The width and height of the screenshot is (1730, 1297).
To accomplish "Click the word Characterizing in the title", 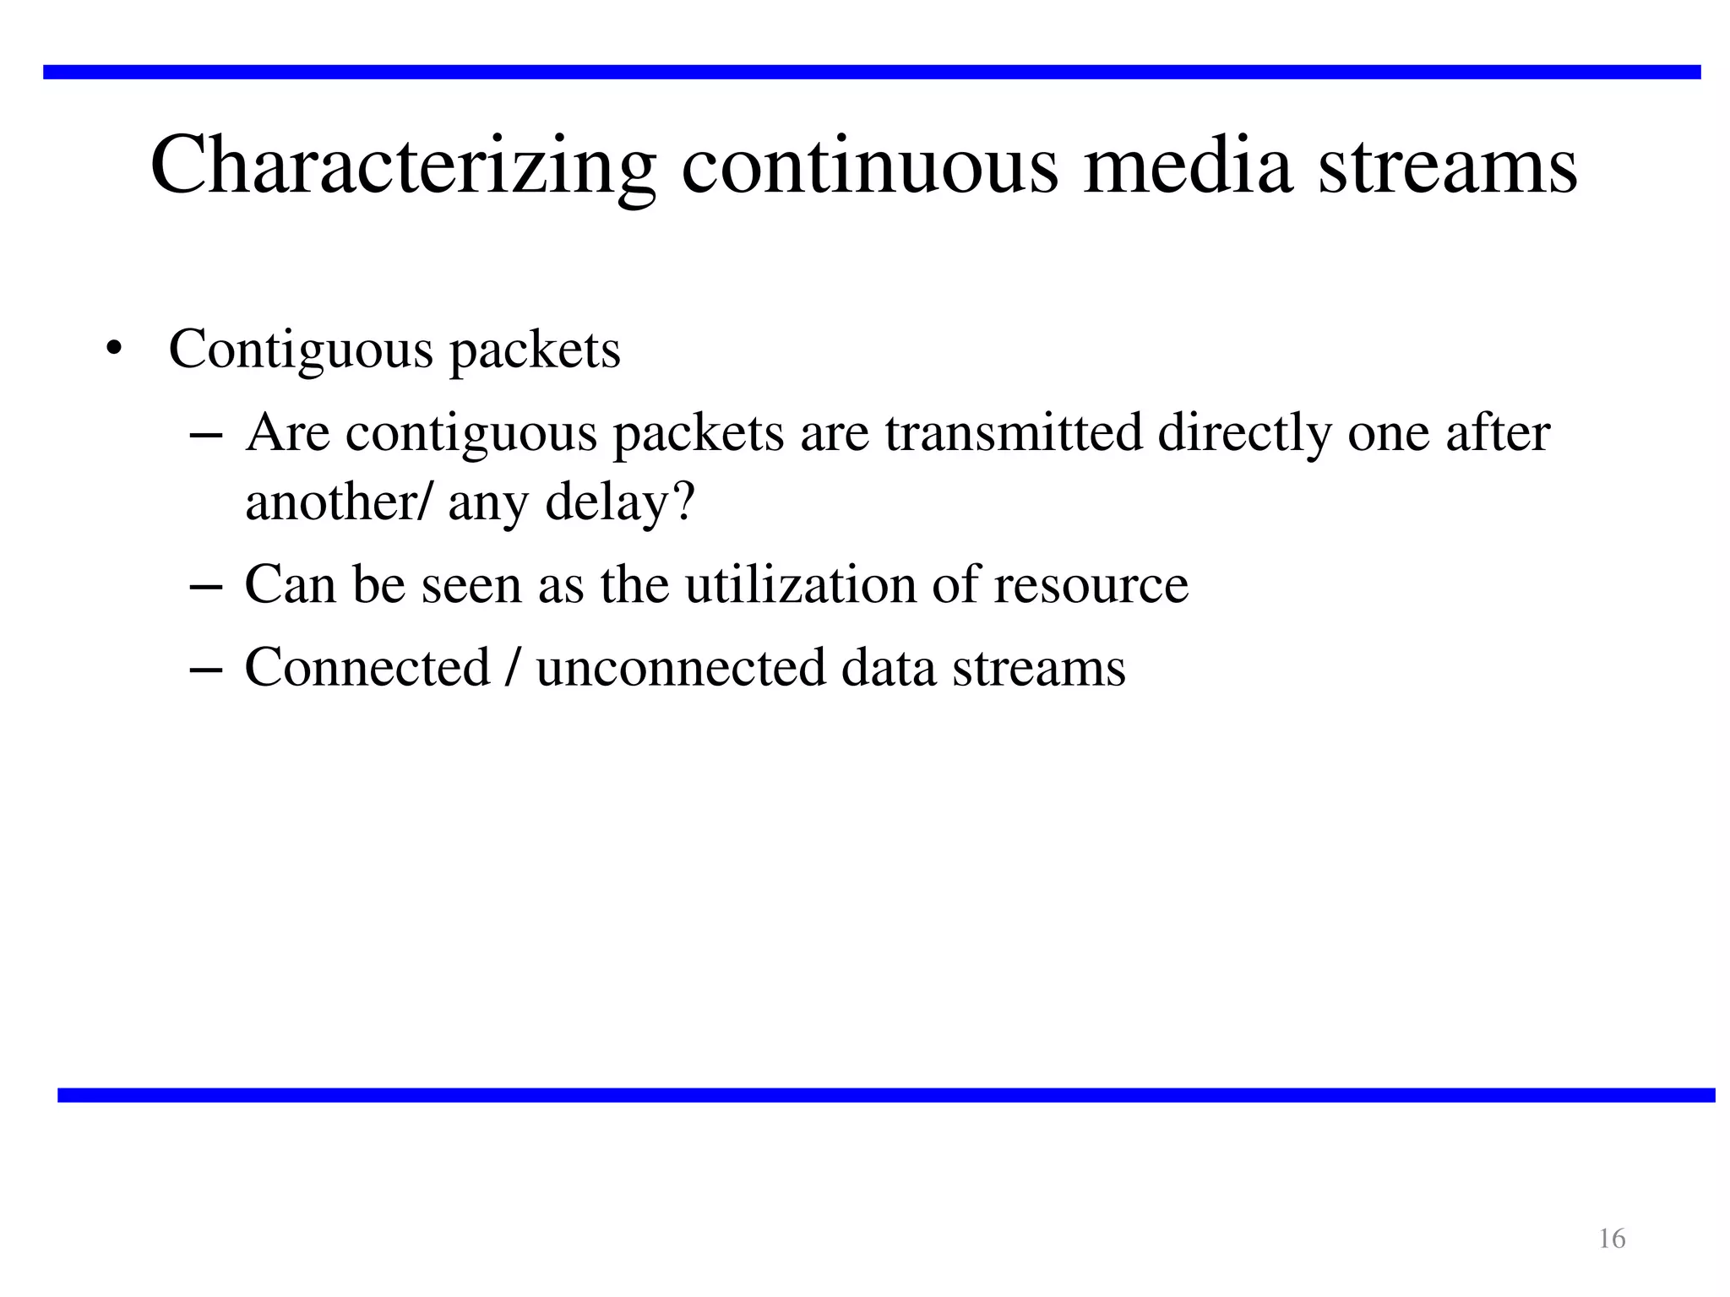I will coord(403,166).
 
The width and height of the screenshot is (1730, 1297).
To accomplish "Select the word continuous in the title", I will coord(869,166).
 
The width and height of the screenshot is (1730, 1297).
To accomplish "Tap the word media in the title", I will coord(1187,166).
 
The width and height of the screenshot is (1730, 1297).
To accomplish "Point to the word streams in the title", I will coord(1447,166).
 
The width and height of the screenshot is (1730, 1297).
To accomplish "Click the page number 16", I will coord(1612,1239).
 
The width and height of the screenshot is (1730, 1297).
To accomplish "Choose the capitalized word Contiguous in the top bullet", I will coord(301,349).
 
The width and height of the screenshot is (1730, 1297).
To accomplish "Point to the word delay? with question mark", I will coord(619,502).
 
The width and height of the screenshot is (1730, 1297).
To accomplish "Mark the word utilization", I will coord(800,584).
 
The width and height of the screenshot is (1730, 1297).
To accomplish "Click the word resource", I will coord(1091,584).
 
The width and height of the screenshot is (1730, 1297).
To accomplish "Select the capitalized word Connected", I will coord(367,667).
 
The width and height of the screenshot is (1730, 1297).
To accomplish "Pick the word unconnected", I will coord(680,667).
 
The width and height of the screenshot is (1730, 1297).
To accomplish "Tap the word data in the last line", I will coord(889,667).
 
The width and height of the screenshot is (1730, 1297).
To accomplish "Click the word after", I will coord(1498,432).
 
